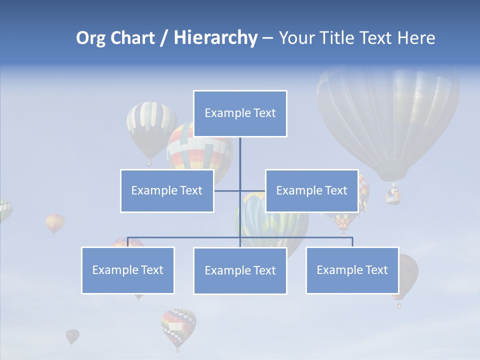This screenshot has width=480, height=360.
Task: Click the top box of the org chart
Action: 240,113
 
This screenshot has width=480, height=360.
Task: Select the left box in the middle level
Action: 167,190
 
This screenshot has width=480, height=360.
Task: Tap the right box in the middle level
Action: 311,190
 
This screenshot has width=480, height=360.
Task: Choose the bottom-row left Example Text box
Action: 128,270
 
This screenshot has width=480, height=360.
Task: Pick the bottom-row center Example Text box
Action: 240,270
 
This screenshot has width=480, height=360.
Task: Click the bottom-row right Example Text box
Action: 352,270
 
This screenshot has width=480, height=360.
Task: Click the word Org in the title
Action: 90,38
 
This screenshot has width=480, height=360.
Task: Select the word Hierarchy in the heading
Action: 215,38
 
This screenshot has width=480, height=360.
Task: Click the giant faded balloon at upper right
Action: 388,120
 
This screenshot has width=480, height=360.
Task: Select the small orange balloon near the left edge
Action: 55,222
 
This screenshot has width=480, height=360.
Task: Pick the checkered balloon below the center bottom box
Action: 178,326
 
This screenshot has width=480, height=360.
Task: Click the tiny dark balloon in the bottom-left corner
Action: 72,336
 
